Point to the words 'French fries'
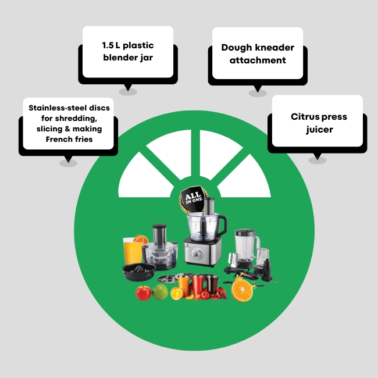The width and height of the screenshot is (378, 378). click(69, 140)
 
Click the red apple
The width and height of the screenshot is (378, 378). click(143, 293)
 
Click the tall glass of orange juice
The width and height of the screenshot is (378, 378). click(132, 251)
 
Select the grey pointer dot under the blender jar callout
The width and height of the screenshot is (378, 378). click(128, 91)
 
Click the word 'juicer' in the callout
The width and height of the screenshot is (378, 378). click(319, 130)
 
